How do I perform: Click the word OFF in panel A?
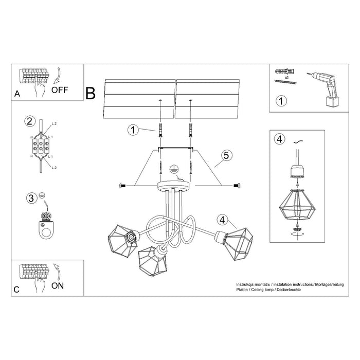click(60, 89)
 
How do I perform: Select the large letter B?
click(91, 93)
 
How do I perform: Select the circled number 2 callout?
click(29, 121)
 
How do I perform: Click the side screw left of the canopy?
click(123, 185)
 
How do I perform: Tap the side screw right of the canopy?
click(236, 185)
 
